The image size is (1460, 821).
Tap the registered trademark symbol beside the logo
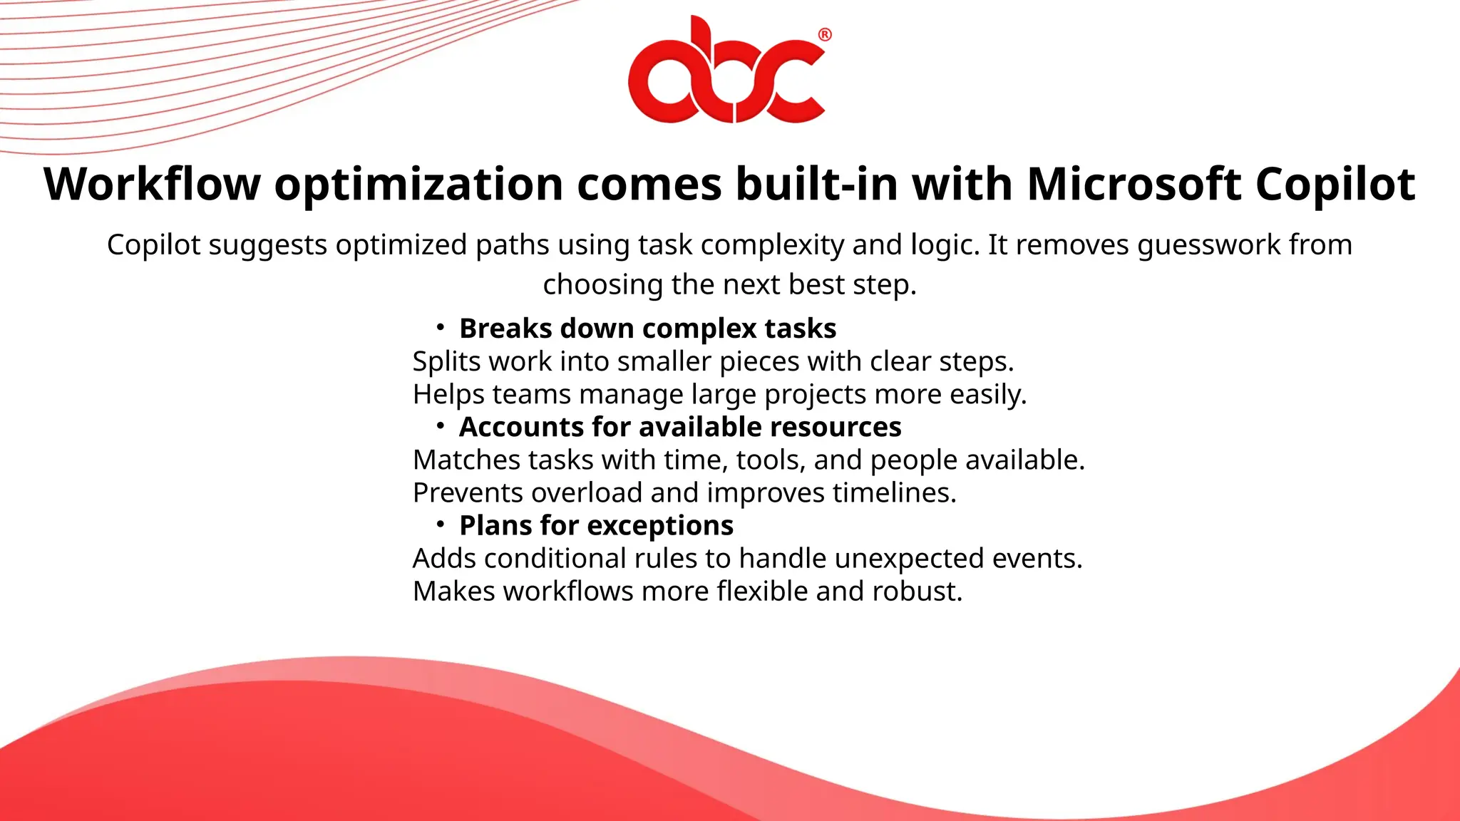click(824, 35)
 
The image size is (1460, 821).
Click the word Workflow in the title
click(152, 185)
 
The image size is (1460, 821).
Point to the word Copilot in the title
click(1335, 185)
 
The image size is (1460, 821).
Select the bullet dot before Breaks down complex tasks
click(441, 327)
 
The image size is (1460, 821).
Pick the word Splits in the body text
click(447, 362)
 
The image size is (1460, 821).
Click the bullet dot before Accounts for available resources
click(441, 425)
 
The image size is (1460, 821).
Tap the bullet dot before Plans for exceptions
click(441, 524)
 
